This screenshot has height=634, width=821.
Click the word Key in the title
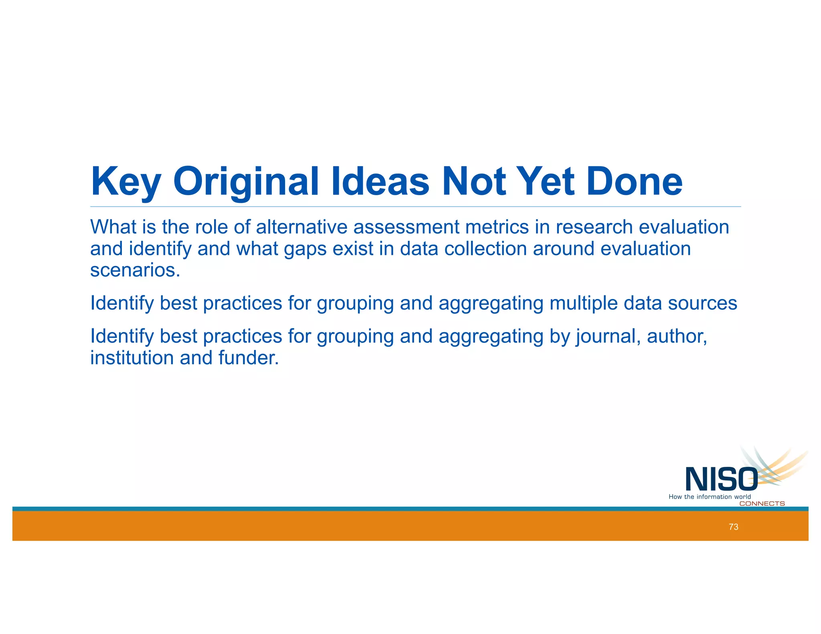(x=125, y=182)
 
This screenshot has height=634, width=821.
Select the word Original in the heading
(x=246, y=182)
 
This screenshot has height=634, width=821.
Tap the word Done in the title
(x=634, y=182)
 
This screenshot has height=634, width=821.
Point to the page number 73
(x=733, y=527)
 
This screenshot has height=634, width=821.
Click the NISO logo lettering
(x=721, y=479)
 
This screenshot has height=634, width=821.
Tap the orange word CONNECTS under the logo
(x=762, y=504)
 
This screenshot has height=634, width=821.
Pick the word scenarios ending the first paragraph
(x=135, y=271)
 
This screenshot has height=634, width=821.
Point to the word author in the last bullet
(x=676, y=336)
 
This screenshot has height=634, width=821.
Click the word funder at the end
(x=248, y=358)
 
